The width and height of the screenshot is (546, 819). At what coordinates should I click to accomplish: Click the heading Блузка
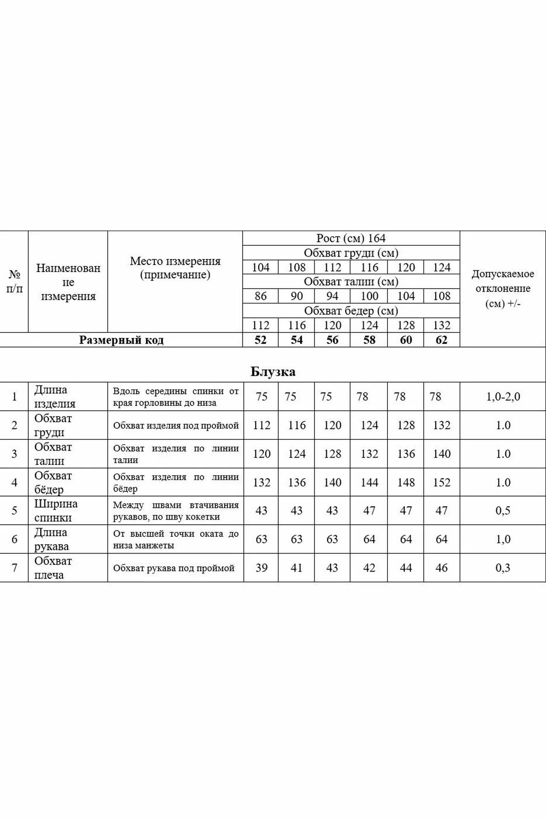click(273, 372)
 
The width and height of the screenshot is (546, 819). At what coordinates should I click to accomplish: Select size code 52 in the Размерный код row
click(261, 340)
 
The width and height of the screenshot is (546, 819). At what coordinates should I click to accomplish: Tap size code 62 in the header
click(441, 340)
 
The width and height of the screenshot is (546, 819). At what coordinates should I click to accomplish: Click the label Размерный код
click(121, 340)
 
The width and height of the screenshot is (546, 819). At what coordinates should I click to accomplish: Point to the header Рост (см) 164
click(351, 238)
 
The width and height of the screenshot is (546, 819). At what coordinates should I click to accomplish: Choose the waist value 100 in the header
click(369, 296)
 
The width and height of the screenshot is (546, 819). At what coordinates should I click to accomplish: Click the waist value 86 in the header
click(261, 296)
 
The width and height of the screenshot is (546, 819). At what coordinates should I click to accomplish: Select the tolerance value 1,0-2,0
click(503, 396)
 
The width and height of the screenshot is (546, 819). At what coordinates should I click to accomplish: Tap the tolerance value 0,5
click(503, 511)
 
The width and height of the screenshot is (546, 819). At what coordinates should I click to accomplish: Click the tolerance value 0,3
click(503, 568)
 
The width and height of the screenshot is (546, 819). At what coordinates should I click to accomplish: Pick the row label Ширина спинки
click(56, 511)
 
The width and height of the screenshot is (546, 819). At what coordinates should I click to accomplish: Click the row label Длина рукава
click(52, 539)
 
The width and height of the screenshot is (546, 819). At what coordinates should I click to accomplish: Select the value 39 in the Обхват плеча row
click(261, 568)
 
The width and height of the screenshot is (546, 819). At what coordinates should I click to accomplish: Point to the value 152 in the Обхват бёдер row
click(442, 482)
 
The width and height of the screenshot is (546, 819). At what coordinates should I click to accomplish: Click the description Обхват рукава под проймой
click(174, 568)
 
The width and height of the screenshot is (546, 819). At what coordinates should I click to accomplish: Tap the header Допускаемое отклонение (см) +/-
click(503, 288)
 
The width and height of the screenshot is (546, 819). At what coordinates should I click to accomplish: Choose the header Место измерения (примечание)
click(175, 267)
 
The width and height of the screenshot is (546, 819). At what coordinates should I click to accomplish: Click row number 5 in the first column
click(14, 511)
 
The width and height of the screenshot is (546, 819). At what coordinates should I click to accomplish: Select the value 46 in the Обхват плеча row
click(442, 568)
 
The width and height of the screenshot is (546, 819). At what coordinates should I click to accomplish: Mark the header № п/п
click(14, 281)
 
